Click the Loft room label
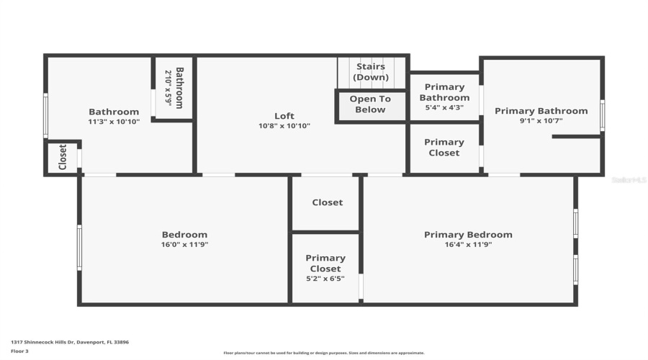point(284,116)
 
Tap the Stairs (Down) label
point(371,72)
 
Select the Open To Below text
point(370,104)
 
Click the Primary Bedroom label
point(468,235)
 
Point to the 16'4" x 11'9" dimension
point(468,245)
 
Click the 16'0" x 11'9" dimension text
point(184,245)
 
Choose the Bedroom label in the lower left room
point(184,235)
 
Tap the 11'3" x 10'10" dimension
point(114,122)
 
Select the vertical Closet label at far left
point(63,157)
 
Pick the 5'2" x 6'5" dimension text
point(325,279)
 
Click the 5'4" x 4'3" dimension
point(444,107)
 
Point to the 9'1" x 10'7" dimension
point(541,121)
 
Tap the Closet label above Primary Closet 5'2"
point(328,202)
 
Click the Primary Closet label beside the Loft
point(444,148)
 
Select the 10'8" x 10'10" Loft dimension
point(284,126)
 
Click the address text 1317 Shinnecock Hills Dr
point(70,342)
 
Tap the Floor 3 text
point(19,351)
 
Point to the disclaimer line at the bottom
point(324,353)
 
